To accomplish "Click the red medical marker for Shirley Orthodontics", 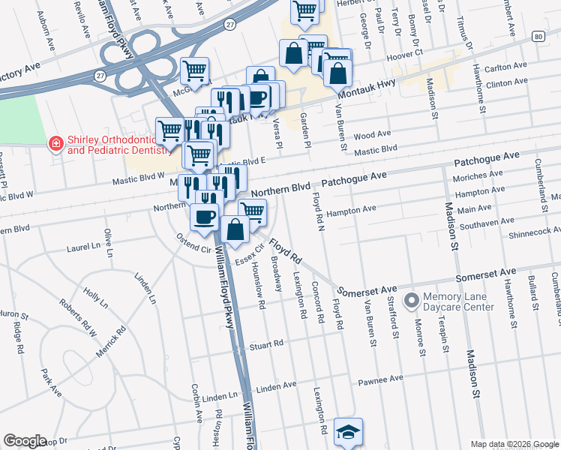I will [55, 143].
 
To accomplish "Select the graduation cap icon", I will [348, 432].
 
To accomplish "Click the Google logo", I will [25, 441].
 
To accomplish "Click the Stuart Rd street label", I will [267, 345].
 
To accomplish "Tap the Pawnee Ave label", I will [384, 379].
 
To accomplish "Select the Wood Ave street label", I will [373, 136].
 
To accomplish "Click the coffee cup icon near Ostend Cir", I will [205, 218].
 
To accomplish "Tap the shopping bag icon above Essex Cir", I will [235, 230].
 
